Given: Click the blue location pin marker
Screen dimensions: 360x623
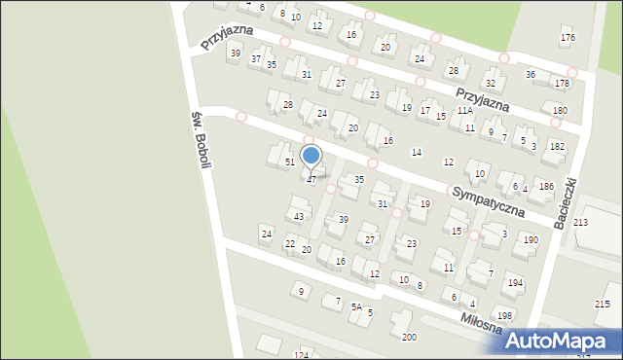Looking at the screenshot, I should click(311, 157).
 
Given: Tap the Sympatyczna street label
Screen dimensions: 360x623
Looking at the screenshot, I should click(488, 198).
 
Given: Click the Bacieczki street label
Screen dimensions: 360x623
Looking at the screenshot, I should click(568, 202).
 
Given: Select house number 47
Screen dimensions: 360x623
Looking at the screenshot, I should click(311, 180).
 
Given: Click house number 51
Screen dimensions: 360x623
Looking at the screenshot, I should click(289, 162).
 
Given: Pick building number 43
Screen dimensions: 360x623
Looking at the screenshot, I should click(299, 216).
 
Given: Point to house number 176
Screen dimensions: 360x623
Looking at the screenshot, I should click(568, 38).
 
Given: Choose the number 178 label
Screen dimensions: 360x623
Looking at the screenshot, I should click(562, 84).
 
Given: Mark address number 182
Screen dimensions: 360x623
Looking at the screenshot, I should click(557, 146).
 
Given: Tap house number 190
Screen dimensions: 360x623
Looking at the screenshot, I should click(531, 239).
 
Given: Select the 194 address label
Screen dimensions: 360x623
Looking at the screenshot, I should click(515, 282).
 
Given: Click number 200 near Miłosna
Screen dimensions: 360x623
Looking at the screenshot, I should click(409, 337).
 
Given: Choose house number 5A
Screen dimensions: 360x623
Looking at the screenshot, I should click(357, 306).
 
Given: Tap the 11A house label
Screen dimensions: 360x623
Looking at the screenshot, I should click(465, 112).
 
